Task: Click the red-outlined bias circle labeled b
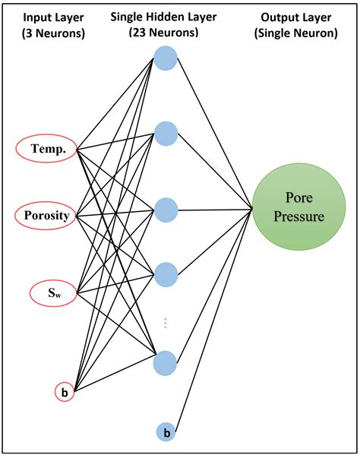pos(64,393)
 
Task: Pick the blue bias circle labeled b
pos(166,432)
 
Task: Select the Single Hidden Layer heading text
pos(165,17)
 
